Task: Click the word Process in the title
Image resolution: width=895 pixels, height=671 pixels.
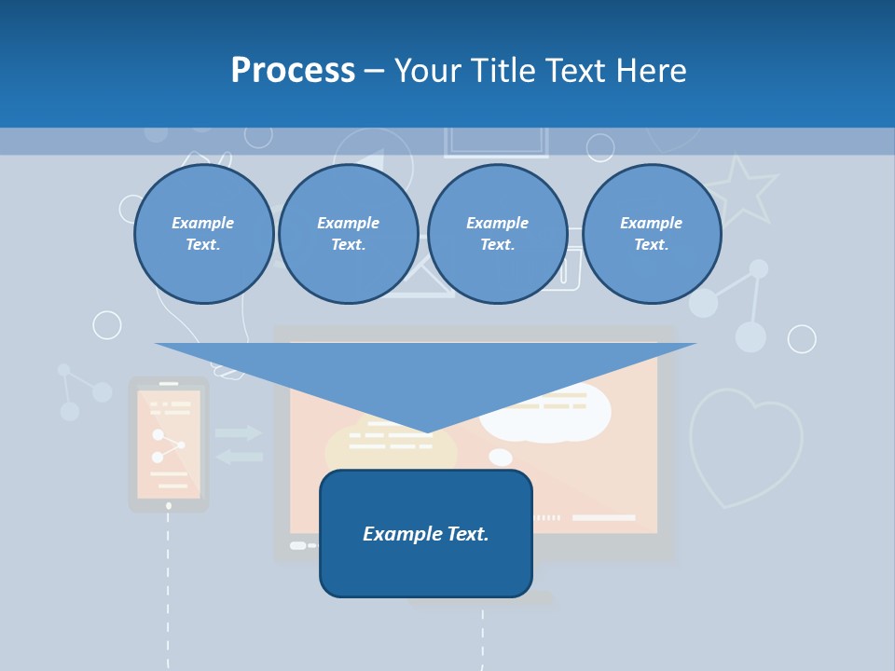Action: (x=293, y=70)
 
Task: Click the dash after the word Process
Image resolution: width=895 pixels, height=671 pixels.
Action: (x=374, y=71)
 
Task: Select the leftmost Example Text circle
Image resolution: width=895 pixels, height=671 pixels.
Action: (x=203, y=234)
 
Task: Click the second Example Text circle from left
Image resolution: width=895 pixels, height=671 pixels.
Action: (x=348, y=234)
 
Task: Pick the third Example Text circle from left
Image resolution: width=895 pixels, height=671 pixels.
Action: (x=497, y=234)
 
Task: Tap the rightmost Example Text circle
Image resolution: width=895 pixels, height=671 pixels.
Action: (x=651, y=234)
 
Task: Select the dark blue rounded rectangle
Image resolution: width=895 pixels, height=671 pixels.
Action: (x=426, y=559)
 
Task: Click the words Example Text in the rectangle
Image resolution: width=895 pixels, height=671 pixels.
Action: (x=426, y=534)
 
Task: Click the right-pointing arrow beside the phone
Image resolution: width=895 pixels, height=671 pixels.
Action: (x=239, y=432)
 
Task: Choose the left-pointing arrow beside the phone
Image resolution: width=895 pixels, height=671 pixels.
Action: (x=239, y=456)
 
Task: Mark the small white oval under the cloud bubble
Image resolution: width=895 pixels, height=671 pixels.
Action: (x=501, y=457)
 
